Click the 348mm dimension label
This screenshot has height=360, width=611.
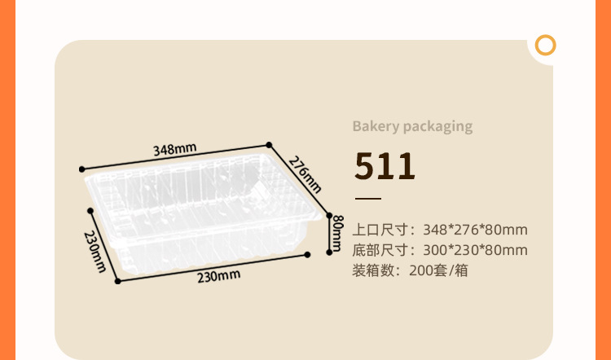[175, 149]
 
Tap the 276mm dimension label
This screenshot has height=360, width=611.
[301, 172]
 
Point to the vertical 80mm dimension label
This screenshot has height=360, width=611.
[338, 233]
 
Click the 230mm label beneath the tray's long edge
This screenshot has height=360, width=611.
[218, 275]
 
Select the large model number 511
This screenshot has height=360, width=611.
[385, 166]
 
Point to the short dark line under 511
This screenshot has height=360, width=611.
[367, 199]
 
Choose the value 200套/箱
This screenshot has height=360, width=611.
[439, 270]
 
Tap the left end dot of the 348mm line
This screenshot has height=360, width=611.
[81, 169]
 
